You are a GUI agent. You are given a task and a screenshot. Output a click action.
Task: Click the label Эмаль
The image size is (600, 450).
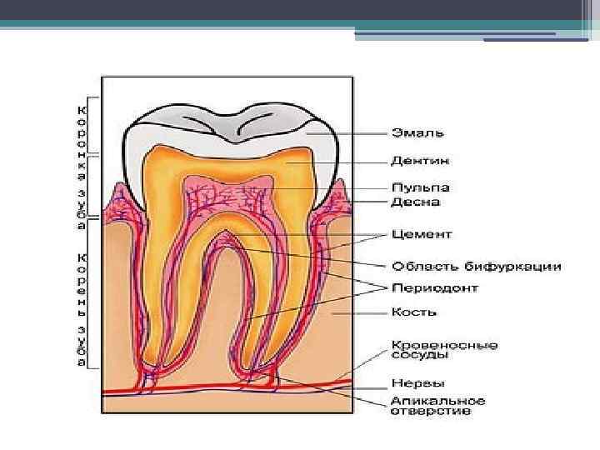419,133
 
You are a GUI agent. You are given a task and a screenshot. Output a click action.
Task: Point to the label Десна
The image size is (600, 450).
416,202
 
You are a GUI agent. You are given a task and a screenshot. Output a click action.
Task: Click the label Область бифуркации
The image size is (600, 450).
477,267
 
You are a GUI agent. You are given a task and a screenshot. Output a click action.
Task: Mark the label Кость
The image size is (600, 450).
414,312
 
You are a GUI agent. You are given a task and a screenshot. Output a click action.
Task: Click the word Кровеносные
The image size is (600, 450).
445,343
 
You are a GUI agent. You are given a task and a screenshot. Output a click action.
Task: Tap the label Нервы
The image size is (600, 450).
414,383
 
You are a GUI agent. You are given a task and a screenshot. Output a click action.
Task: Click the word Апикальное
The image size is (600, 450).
438,400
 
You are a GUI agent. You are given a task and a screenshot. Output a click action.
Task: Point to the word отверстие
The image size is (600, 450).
432,411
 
